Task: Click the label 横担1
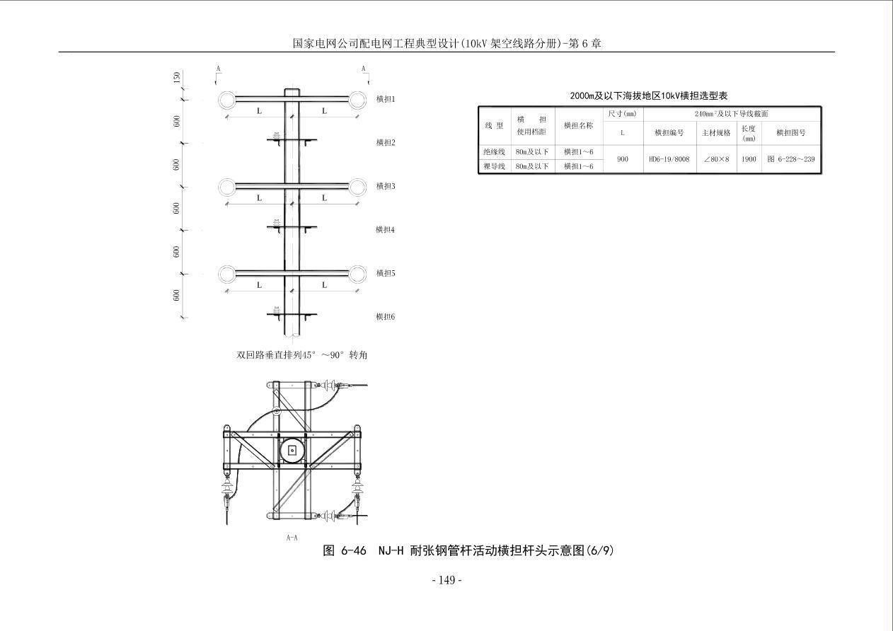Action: pos(386,99)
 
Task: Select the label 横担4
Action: pos(386,230)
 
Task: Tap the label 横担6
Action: pos(386,317)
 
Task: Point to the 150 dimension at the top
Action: pos(177,77)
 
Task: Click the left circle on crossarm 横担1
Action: pos(226,100)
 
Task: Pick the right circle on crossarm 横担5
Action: pos(357,274)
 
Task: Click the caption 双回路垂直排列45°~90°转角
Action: pos(302,355)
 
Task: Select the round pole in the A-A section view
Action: pos(292,450)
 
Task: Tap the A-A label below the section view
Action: pos(292,538)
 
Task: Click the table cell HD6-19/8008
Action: pos(669,159)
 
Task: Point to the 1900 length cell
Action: pos(749,159)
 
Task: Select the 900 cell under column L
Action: pos(623,159)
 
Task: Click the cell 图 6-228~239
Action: pos(791,159)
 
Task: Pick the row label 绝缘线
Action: pos(494,152)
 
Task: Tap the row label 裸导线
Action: pos(494,167)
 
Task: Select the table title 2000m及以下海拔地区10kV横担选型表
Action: pos(649,96)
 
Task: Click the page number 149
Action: pos(446,580)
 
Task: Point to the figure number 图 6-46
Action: pos(345,550)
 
